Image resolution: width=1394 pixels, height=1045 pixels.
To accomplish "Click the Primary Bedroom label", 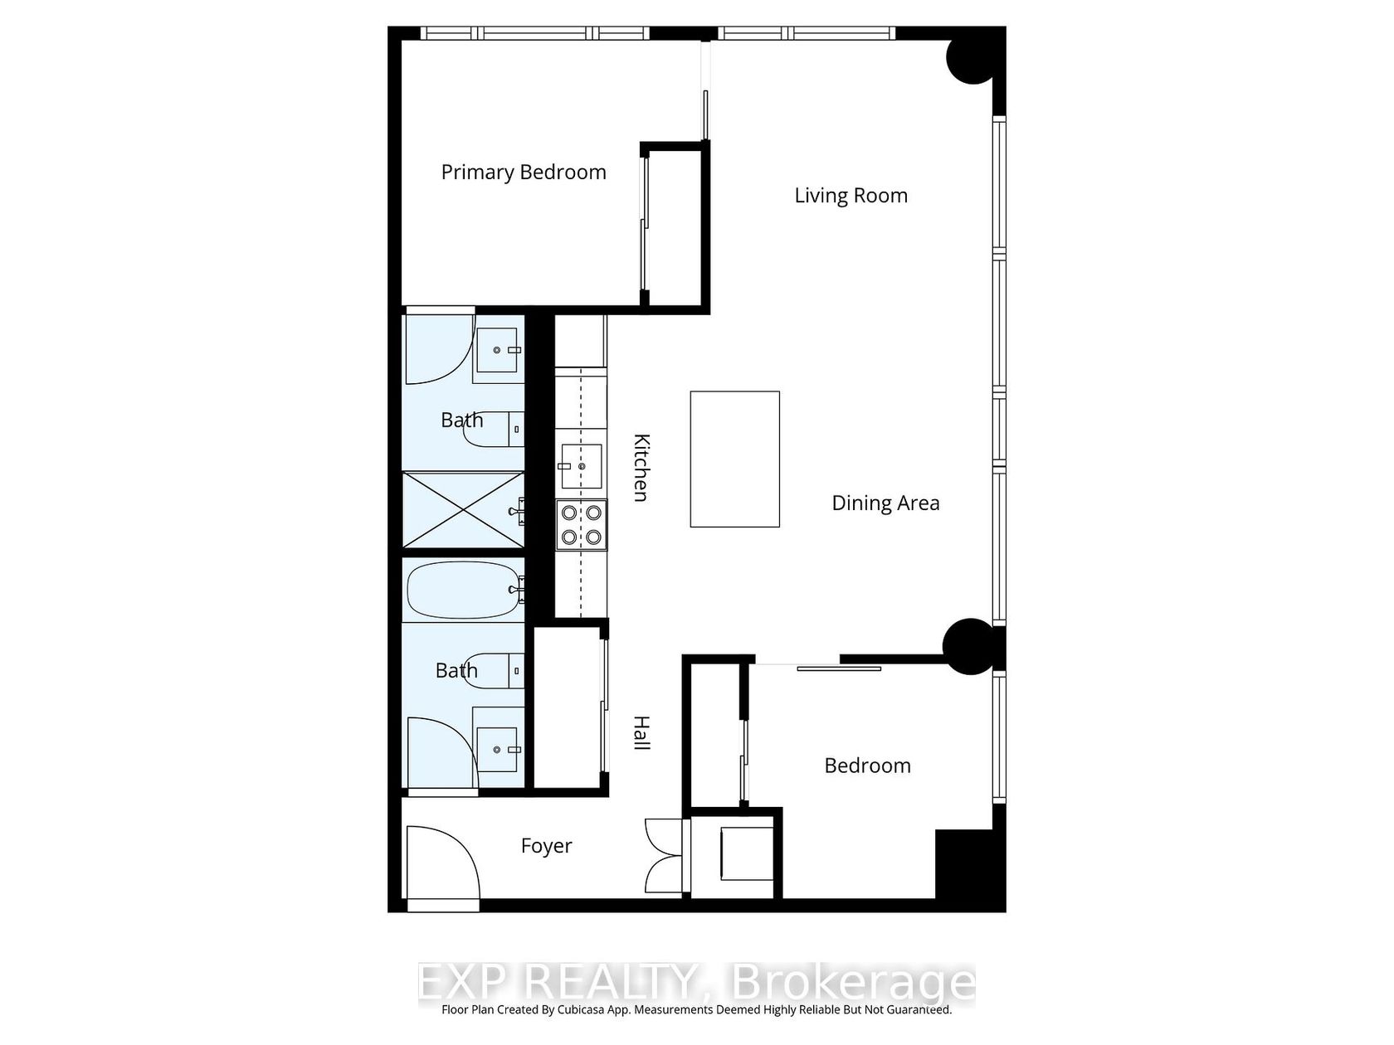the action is tap(524, 173).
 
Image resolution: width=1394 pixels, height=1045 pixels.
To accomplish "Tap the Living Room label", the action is tap(851, 196).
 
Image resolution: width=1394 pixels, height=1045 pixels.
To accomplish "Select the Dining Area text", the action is tap(885, 503).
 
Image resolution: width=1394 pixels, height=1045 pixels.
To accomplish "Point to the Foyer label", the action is tap(546, 846).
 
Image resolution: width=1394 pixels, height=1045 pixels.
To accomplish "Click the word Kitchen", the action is tap(641, 468).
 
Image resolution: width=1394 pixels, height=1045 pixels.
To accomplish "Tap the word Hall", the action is tap(641, 733).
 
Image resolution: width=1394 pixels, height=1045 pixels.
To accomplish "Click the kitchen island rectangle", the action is tap(735, 459).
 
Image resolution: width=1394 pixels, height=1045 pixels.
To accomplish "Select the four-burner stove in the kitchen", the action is tap(581, 525).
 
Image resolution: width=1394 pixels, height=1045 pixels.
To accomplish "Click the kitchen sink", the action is tap(581, 466).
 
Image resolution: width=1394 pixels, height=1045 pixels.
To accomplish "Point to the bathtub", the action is tap(463, 590).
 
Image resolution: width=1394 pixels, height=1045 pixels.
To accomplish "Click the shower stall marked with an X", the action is tap(463, 509).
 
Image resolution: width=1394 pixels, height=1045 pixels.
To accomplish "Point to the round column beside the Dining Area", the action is tap(968, 647).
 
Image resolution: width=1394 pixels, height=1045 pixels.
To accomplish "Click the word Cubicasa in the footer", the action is tap(580, 1009).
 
